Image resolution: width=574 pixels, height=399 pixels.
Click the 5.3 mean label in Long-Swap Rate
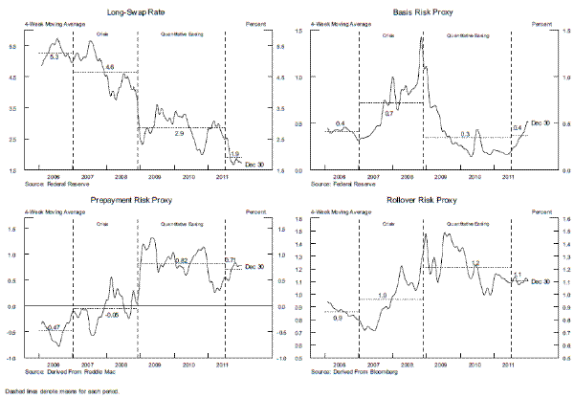click(x=54, y=58)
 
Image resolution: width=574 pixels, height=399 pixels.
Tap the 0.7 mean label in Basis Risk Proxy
click(x=388, y=113)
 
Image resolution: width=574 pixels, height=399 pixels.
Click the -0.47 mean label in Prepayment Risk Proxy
click(x=54, y=327)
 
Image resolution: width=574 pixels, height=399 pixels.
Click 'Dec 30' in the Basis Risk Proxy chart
click(x=541, y=122)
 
